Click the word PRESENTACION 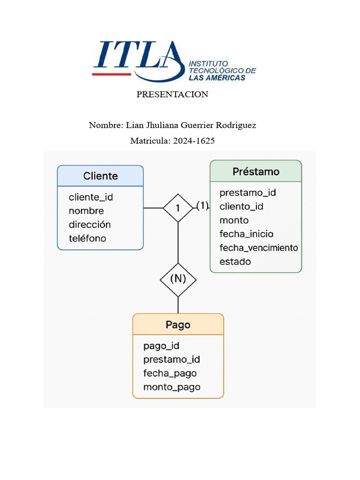(x=172, y=94)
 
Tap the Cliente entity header (x=100, y=176)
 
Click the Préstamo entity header (x=255, y=172)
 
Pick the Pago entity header (x=178, y=324)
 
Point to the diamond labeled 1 (x=178, y=208)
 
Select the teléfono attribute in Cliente (x=87, y=238)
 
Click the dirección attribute (x=90, y=225)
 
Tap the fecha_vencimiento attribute (x=258, y=247)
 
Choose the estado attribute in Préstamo (x=235, y=262)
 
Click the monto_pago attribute (x=172, y=387)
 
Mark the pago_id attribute (x=161, y=346)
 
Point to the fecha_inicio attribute (x=246, y=234)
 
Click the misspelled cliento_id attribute (x=241, y=206)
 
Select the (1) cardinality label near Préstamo (x=202, y=205)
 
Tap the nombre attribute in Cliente (x=86, y=211)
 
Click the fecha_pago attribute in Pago (x=170, y=374)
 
